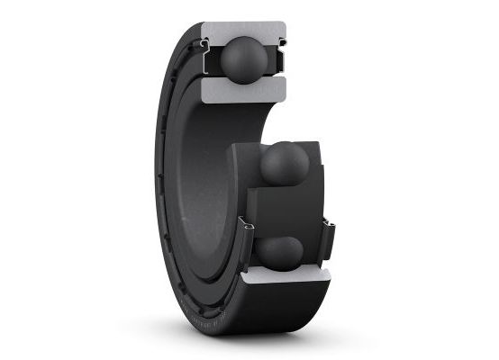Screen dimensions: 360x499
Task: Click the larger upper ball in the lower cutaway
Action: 284,163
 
